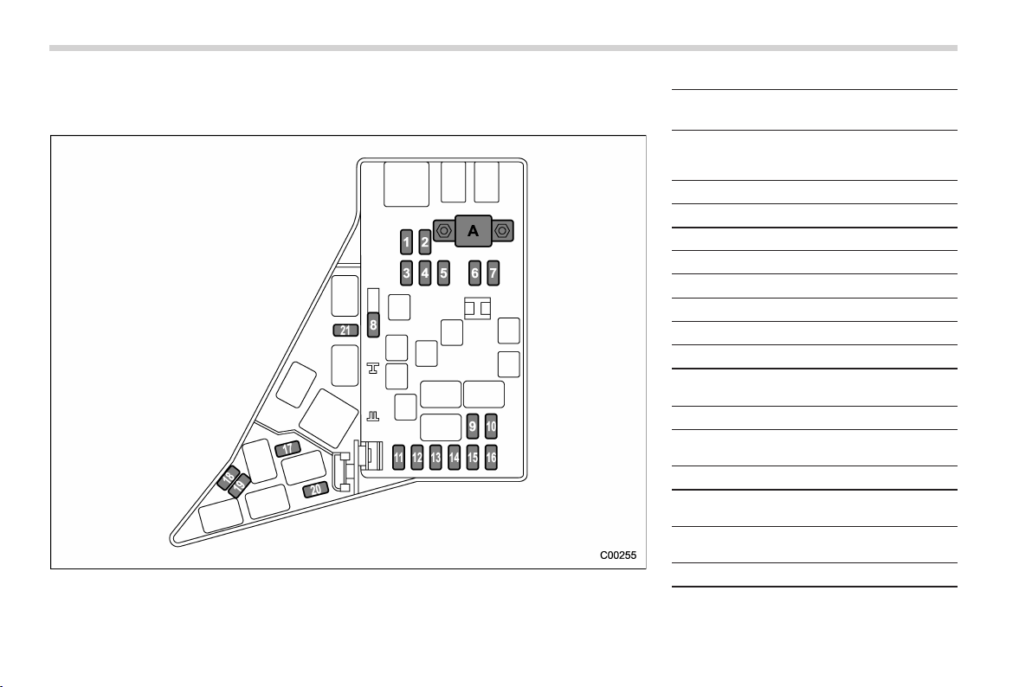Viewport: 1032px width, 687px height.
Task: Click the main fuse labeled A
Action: click(x=473, y=231)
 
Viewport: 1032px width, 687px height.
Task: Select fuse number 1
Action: click(x=406, y=242)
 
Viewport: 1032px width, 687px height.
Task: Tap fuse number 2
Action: click(x=424, y=242)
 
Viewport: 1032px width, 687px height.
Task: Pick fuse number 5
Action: click(x=443, y=273)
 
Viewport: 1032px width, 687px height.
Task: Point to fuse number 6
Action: click(x=474, y=273)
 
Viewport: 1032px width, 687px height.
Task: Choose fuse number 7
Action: click(x=493, y=273)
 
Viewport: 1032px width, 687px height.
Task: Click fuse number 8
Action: click(x=373, y=324)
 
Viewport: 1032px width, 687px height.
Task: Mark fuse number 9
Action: click(x=472, y=426)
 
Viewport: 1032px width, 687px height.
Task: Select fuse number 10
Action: click(x=491, y=426)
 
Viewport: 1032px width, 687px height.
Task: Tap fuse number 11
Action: click(x=398, y=458)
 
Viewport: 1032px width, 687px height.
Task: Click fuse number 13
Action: click(x=435, y=458)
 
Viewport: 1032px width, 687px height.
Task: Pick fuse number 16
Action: click(x=491, y=458)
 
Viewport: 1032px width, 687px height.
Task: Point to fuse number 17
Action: click(x=287, y=449)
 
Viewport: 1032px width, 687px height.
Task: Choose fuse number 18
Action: click(x=229, y=477)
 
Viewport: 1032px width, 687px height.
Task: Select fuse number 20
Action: click(x=316, y=490)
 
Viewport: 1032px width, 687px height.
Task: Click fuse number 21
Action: click(x=345, y=331)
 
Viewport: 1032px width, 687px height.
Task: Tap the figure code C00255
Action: click(x=618, y=555)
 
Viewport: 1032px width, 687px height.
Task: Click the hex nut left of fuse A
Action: click(x=444, y=231)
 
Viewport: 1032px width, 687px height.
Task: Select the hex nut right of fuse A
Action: click(x=502, y=231)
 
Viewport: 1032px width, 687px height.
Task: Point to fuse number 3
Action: click(x=406, y=273)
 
